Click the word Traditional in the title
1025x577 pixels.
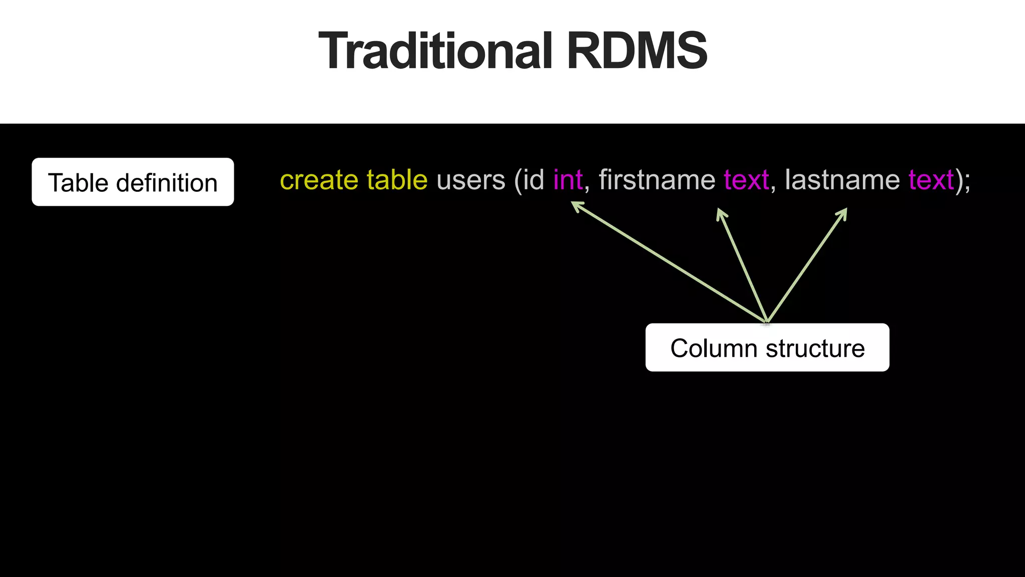pyautogui.click(x=435, y=51)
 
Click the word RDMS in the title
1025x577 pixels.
pyautogui.click(x=637, y=51)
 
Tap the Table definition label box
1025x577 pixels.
pyautogui.click(x=133, y=182)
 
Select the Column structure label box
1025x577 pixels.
pyautogui.click(x=767, y=348)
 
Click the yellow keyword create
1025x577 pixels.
pyautogui.click(x=319, y=180)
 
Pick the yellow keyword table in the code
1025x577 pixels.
pyautogui.click(x=397, y=180)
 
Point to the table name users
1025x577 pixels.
pyautogui.click(x=471, y=180)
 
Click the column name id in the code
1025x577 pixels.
pyautogui.click(x=534, y=180)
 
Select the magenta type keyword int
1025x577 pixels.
pyautogui.click(x=568, y=180)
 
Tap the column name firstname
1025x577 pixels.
pyautogui.click(x=657, y=180)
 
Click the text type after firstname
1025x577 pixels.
pyautogui.click(x=746, y=180)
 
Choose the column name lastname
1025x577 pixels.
pyautogui.click(x=842, y=180)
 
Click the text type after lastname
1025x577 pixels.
pyautogui.click(x=931, y=180)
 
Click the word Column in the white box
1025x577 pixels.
pyautogui.click(x=713, y=348)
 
